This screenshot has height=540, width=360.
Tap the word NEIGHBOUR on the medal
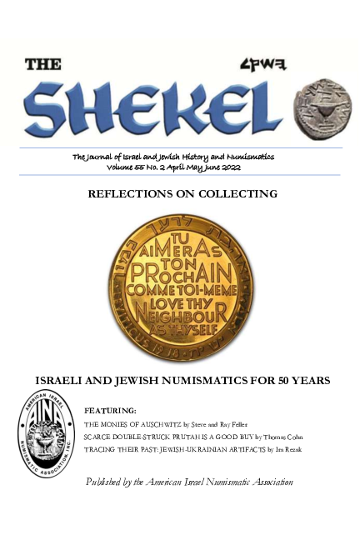(181, 318)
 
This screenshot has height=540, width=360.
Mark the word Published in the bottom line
(107, 482)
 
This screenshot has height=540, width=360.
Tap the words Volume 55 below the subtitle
(127, 167)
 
